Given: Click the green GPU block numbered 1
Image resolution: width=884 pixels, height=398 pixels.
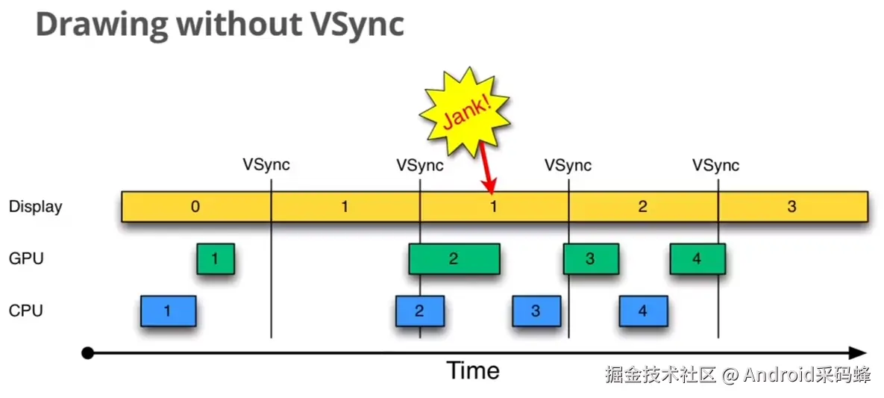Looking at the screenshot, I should pyautogui.click(x=216, y=259).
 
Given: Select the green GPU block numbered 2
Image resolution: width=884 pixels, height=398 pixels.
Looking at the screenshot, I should pyautogui.click(x=454, y=259).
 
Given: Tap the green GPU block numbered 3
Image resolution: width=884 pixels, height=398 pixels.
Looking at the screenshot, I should pyautogui.click(x=590, y=259).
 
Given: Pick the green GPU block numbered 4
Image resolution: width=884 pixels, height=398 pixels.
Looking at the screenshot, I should pyautogui.click(x=697, y=259).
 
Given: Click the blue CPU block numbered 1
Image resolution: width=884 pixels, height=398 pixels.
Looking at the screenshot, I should pyautogui.click(x=168, y=311).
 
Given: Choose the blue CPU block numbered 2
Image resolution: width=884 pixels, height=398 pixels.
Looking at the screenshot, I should pyautogui.click(x=419, y=311).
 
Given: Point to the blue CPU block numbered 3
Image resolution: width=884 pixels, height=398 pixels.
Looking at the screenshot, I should pyautogui.click(x=536, y=311).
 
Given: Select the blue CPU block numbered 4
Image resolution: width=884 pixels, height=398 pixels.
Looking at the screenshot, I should pyautogui.click(x=643, y=311).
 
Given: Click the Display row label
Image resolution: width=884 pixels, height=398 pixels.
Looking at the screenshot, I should pyautogui.click(x=36, y=207).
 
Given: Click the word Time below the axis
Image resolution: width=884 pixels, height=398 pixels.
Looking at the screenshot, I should pyautogui.click(x=473, y=370).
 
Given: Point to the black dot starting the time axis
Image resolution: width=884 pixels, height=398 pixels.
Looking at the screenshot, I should pyautogui.click(x=87, y=353).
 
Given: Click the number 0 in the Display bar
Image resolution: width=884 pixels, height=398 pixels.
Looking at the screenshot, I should pyautogui.click(x=195, y=207).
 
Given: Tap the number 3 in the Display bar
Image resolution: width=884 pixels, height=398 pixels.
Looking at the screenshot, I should pyautogui.click(x=791, y=207).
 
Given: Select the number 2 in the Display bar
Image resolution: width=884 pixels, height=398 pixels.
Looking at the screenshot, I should pyautogui.click(x=642, y=207).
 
